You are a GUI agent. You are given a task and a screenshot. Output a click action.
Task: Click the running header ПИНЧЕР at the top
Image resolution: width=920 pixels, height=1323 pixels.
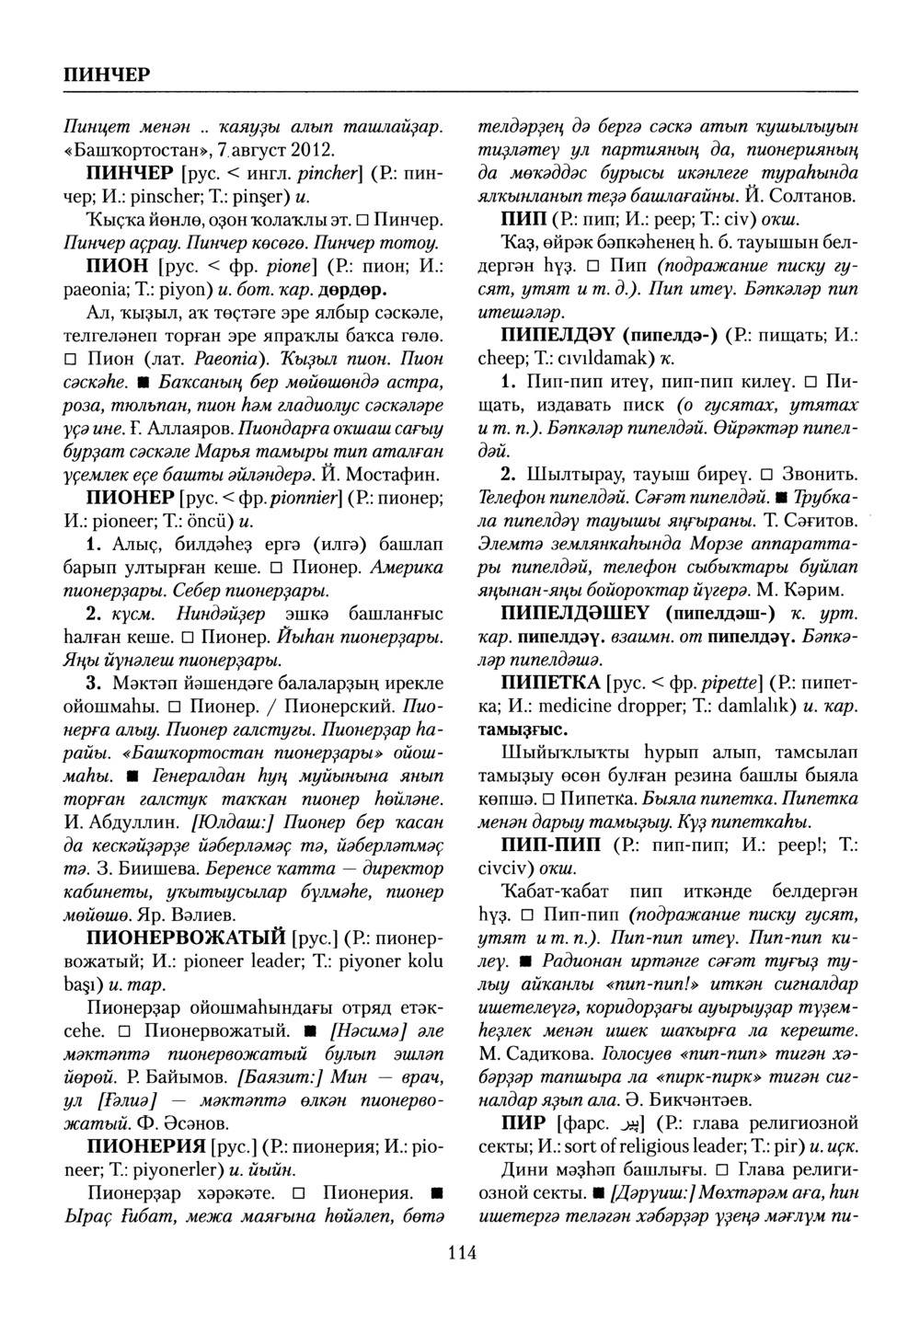98,73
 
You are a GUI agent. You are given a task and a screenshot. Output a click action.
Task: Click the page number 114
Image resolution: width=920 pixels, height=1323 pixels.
461,1252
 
